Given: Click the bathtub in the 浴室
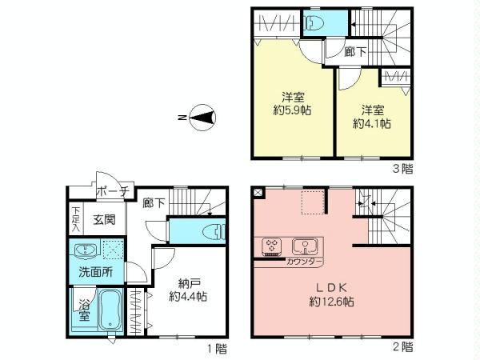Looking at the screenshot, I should [110, 314].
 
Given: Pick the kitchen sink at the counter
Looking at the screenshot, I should [304, 245].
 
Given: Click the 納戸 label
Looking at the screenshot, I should [189, 282].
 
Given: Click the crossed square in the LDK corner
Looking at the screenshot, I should [258, 192].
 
